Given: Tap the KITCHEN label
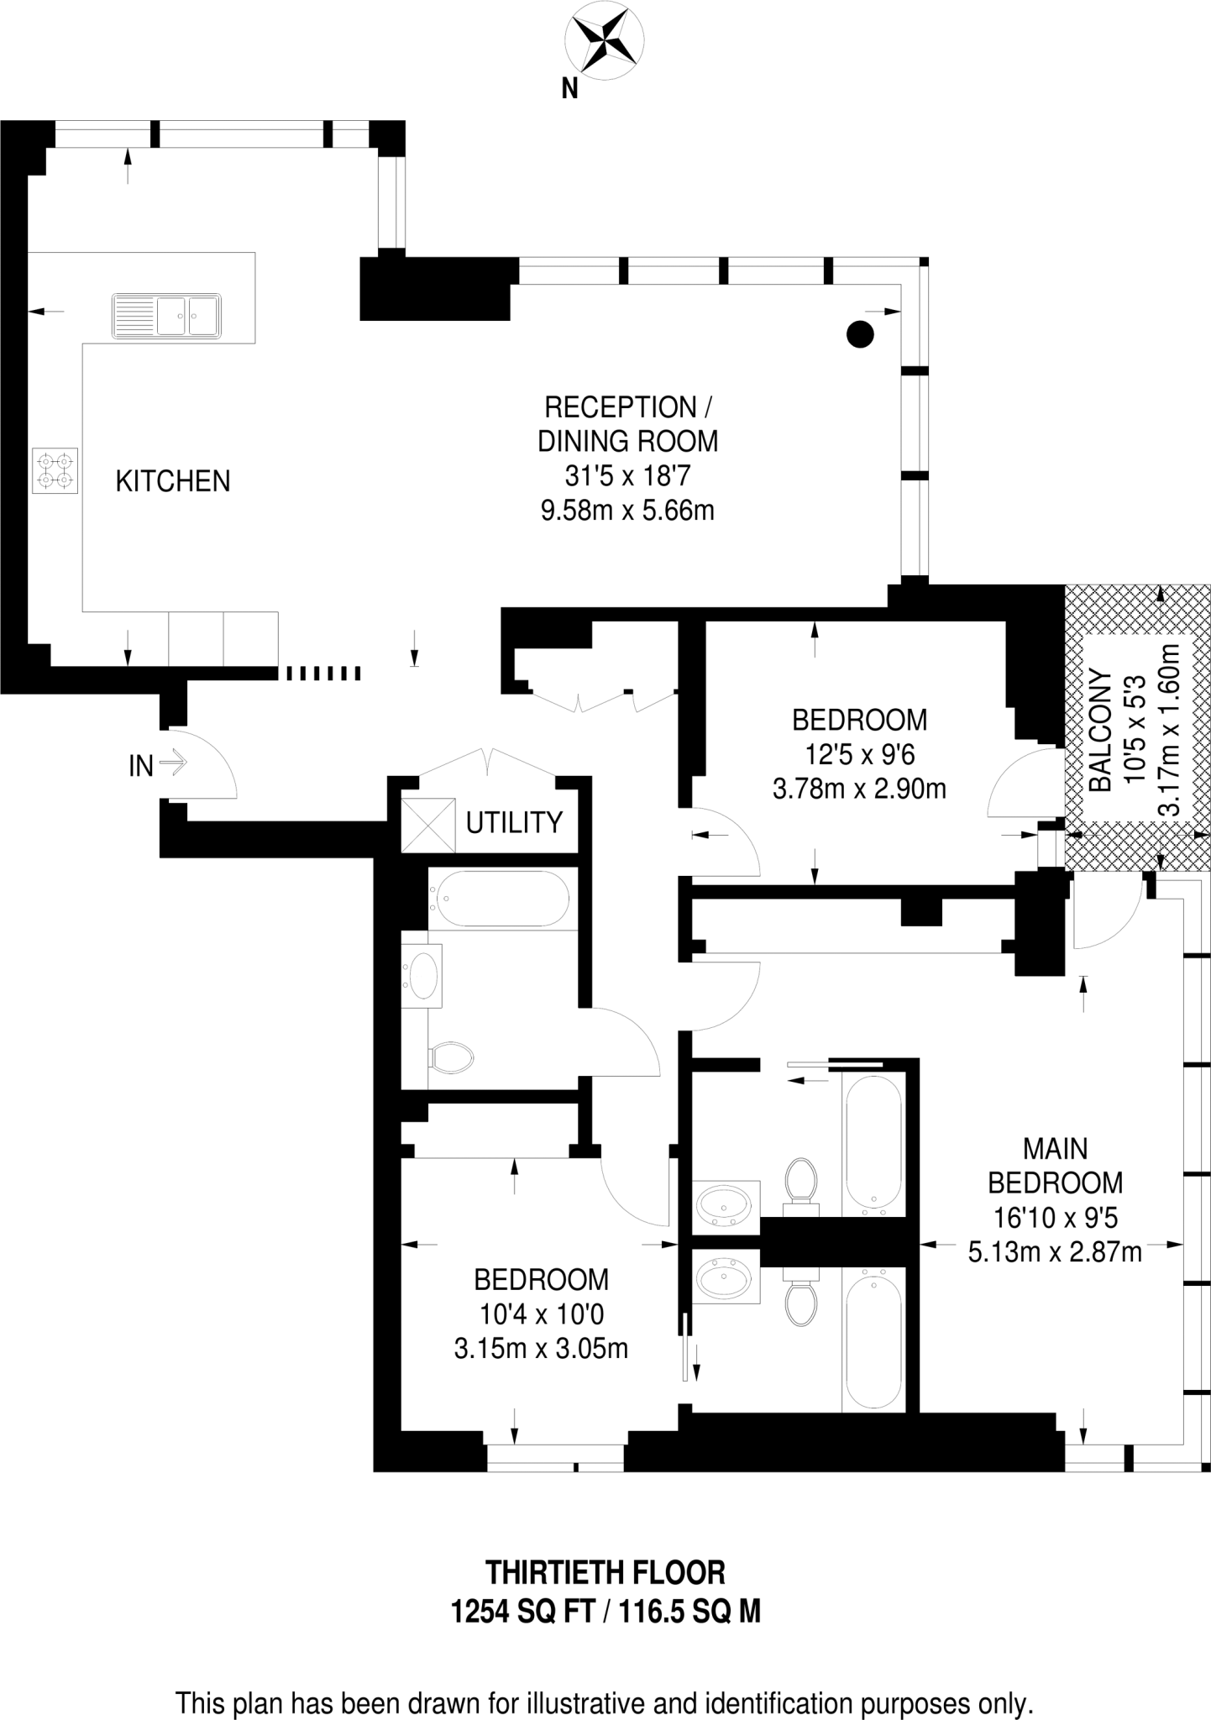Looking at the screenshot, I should tap(172, 481).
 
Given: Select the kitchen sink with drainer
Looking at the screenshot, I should tap(166, 316).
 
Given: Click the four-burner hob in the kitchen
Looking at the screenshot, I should tap(55, 470).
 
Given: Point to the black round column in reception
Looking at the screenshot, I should tap(859, 334).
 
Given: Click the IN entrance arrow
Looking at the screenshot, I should tap(172, 763).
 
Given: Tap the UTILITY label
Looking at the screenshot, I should tap(514, 822).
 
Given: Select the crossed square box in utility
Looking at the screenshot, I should tap(427, 824).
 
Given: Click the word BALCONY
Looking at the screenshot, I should tap(1099, 730).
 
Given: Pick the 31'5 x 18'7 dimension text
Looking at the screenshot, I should tap(627, 476).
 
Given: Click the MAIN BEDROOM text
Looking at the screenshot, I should tap(1055, 1165).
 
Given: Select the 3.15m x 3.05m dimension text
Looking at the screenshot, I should tap(541, 1348).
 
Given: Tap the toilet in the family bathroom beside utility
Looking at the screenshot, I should tap(451, 1057).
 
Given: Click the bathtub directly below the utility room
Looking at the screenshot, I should tap(499, 899).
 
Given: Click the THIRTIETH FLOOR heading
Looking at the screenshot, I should tap(605, 1571).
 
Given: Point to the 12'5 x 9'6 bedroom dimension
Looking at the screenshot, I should tap(859, 755).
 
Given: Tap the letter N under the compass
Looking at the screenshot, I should tap(570, 89).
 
